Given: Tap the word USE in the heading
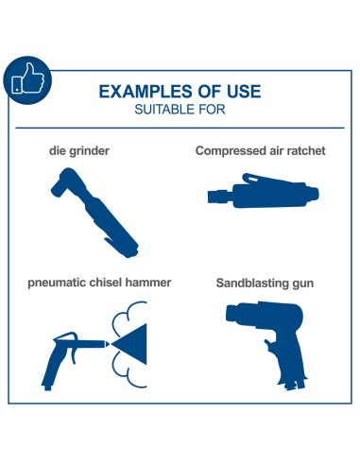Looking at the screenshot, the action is [244, 92].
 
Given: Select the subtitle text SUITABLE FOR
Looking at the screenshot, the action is [180, 110].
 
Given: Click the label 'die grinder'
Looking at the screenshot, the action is [79, 150].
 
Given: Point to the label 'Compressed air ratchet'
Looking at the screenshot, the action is [260, 150].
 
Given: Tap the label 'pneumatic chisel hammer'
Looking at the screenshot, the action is [99, 283].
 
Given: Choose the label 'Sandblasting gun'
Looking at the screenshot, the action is [265, 283].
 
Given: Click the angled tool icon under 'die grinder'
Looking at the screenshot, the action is [94, 212].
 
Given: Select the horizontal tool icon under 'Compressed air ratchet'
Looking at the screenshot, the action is [263, 191].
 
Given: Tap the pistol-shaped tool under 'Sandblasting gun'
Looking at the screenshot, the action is [271, 343].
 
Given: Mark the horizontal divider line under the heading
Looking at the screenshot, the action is [180, 128].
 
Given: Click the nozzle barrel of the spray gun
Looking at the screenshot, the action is [92, 344].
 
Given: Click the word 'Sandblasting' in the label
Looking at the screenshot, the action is [252, 283].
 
